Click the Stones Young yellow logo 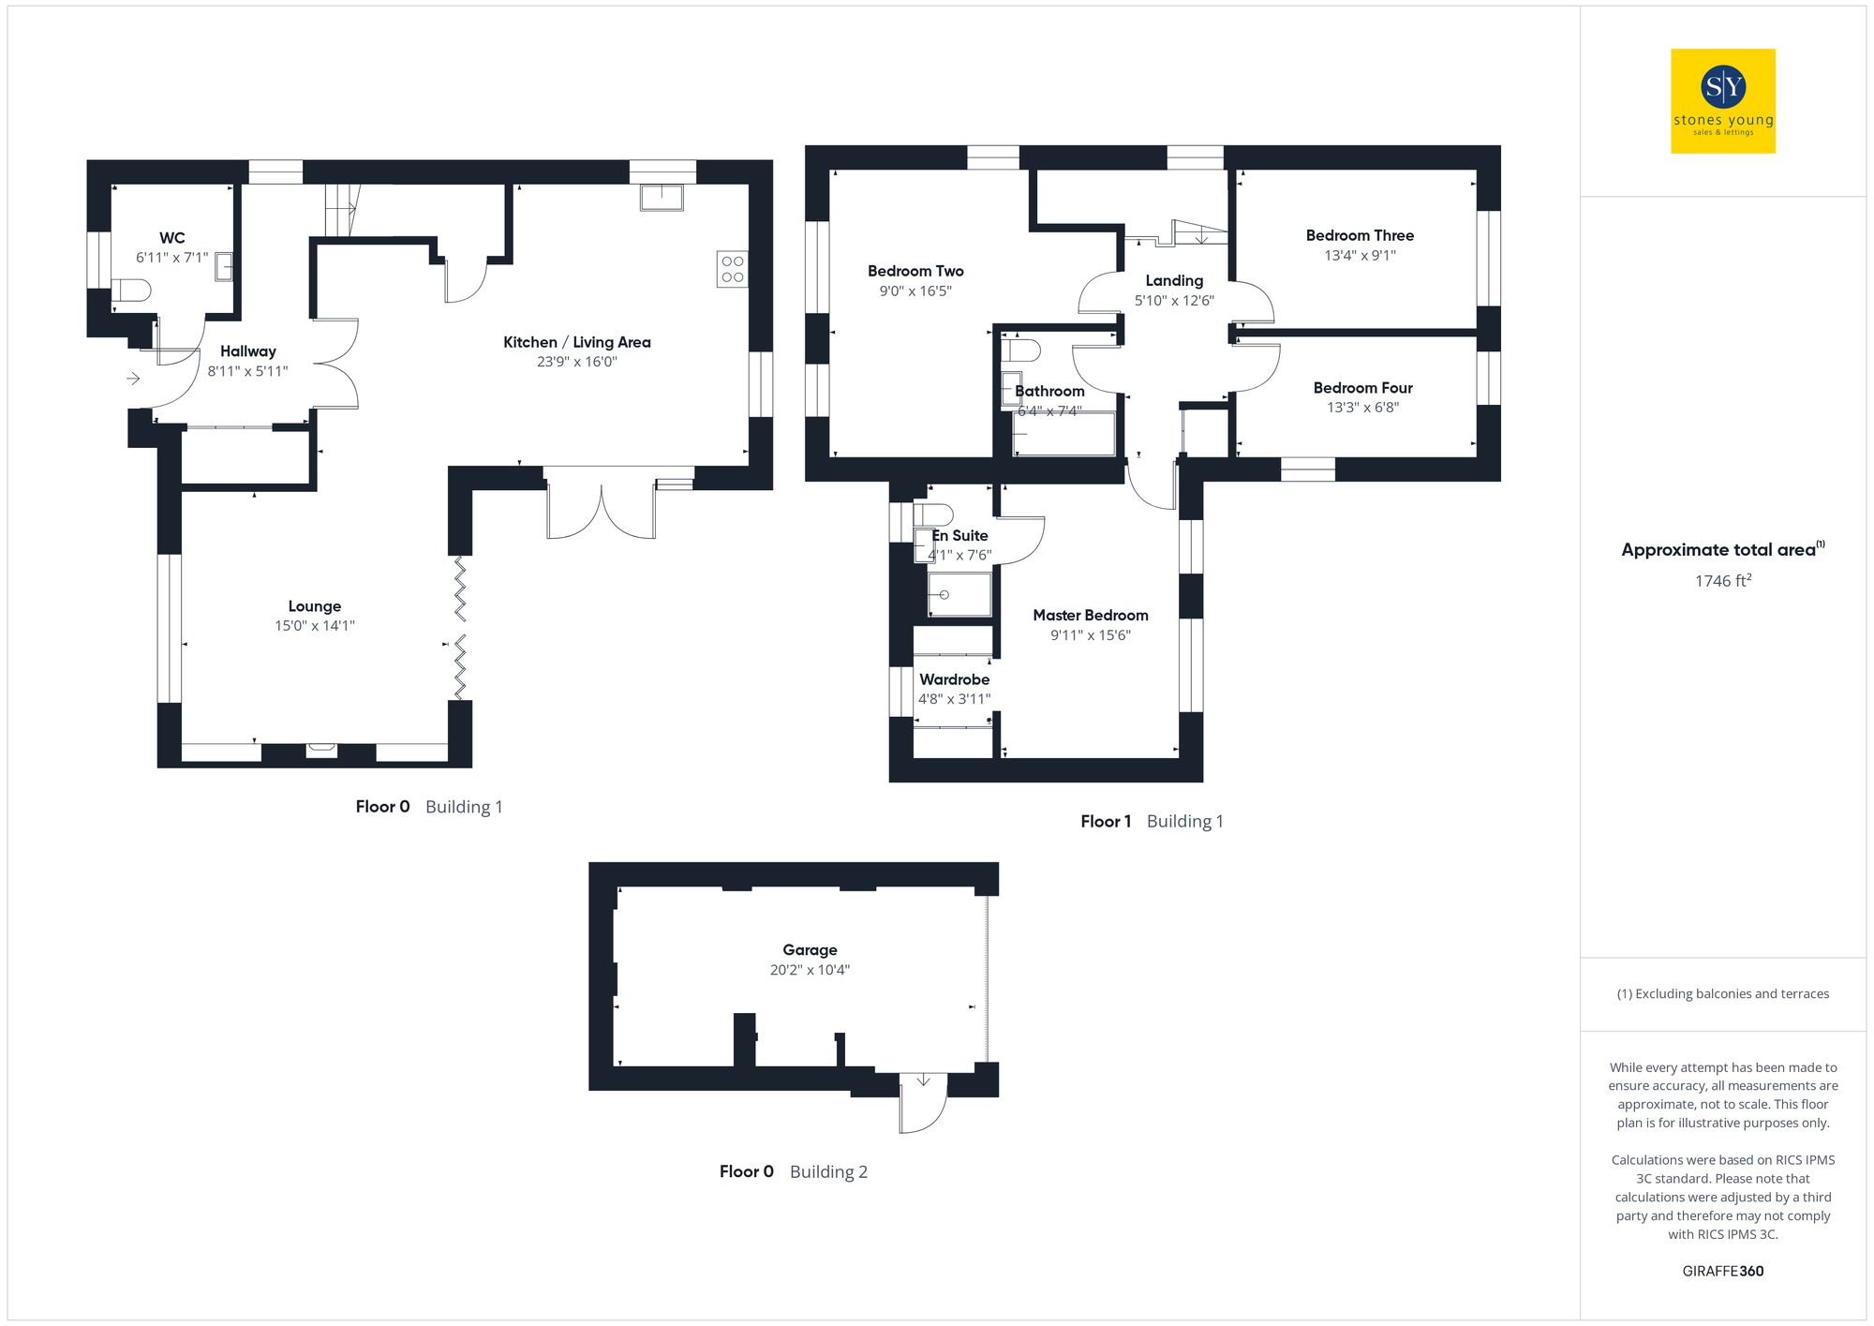(x=1722, y=101)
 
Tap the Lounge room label (x=315, y=606)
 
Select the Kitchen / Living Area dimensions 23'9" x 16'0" (x=576, y=362)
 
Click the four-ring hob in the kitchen (x=733, y=269)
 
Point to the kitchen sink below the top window (x=662, y=198)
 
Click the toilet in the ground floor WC (x=131, y=291)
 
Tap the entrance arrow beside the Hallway (x=133, y=379)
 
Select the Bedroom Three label (x=1360, y=235)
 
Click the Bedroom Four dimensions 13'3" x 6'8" (x=1362, y=408)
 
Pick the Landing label (x=1174, y=280)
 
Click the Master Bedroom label (x=1091, y=615)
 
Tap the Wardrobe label (x=954, y=679)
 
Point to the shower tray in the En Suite (x=959, y=595)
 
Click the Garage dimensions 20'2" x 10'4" (x=810, y=970)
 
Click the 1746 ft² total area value (x=1722, y=581)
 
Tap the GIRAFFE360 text (x=1722, y=1271)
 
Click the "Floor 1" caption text (x=1106, y=822)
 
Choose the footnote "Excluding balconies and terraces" (x=1722, y=993)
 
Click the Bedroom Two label (x=915, y=271)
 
